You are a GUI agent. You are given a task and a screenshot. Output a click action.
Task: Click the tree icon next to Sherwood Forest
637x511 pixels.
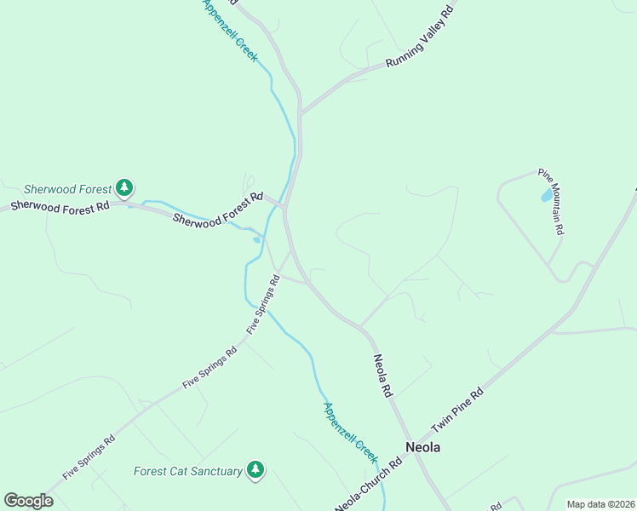point(124,187)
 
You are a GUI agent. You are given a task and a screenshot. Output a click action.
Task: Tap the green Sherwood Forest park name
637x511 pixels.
point(67,189)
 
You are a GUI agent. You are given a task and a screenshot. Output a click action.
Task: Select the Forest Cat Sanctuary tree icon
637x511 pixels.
point(255,469)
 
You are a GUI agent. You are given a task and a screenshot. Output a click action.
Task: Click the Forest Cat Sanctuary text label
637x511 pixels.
point(188,471)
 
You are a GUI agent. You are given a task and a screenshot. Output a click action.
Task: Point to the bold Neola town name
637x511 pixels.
point(423,447)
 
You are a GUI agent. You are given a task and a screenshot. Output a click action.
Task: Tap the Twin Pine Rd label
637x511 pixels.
point(457,410)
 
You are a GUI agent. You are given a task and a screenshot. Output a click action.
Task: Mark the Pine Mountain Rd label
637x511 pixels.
point(551,203)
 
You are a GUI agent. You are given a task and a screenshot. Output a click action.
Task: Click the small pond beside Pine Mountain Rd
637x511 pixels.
point(545,196)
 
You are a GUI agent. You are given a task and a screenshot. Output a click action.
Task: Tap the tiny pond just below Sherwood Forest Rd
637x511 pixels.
point(256,240)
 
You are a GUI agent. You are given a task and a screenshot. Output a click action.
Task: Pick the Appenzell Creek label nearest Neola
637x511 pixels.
point(350,431)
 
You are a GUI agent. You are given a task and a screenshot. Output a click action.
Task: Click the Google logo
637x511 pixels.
point(28,500)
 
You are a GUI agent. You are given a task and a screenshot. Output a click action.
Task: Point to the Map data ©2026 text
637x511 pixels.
point(600,504)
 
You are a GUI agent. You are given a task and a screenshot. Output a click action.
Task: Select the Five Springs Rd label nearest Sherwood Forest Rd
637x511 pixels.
point(263,304)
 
